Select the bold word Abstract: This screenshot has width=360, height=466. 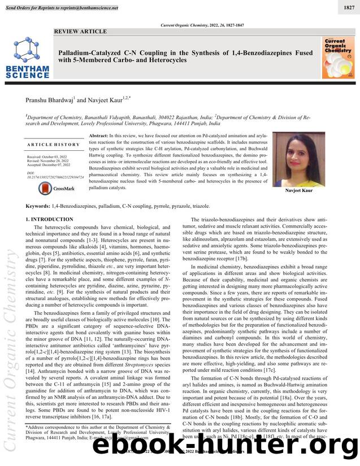pos(99,137)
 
